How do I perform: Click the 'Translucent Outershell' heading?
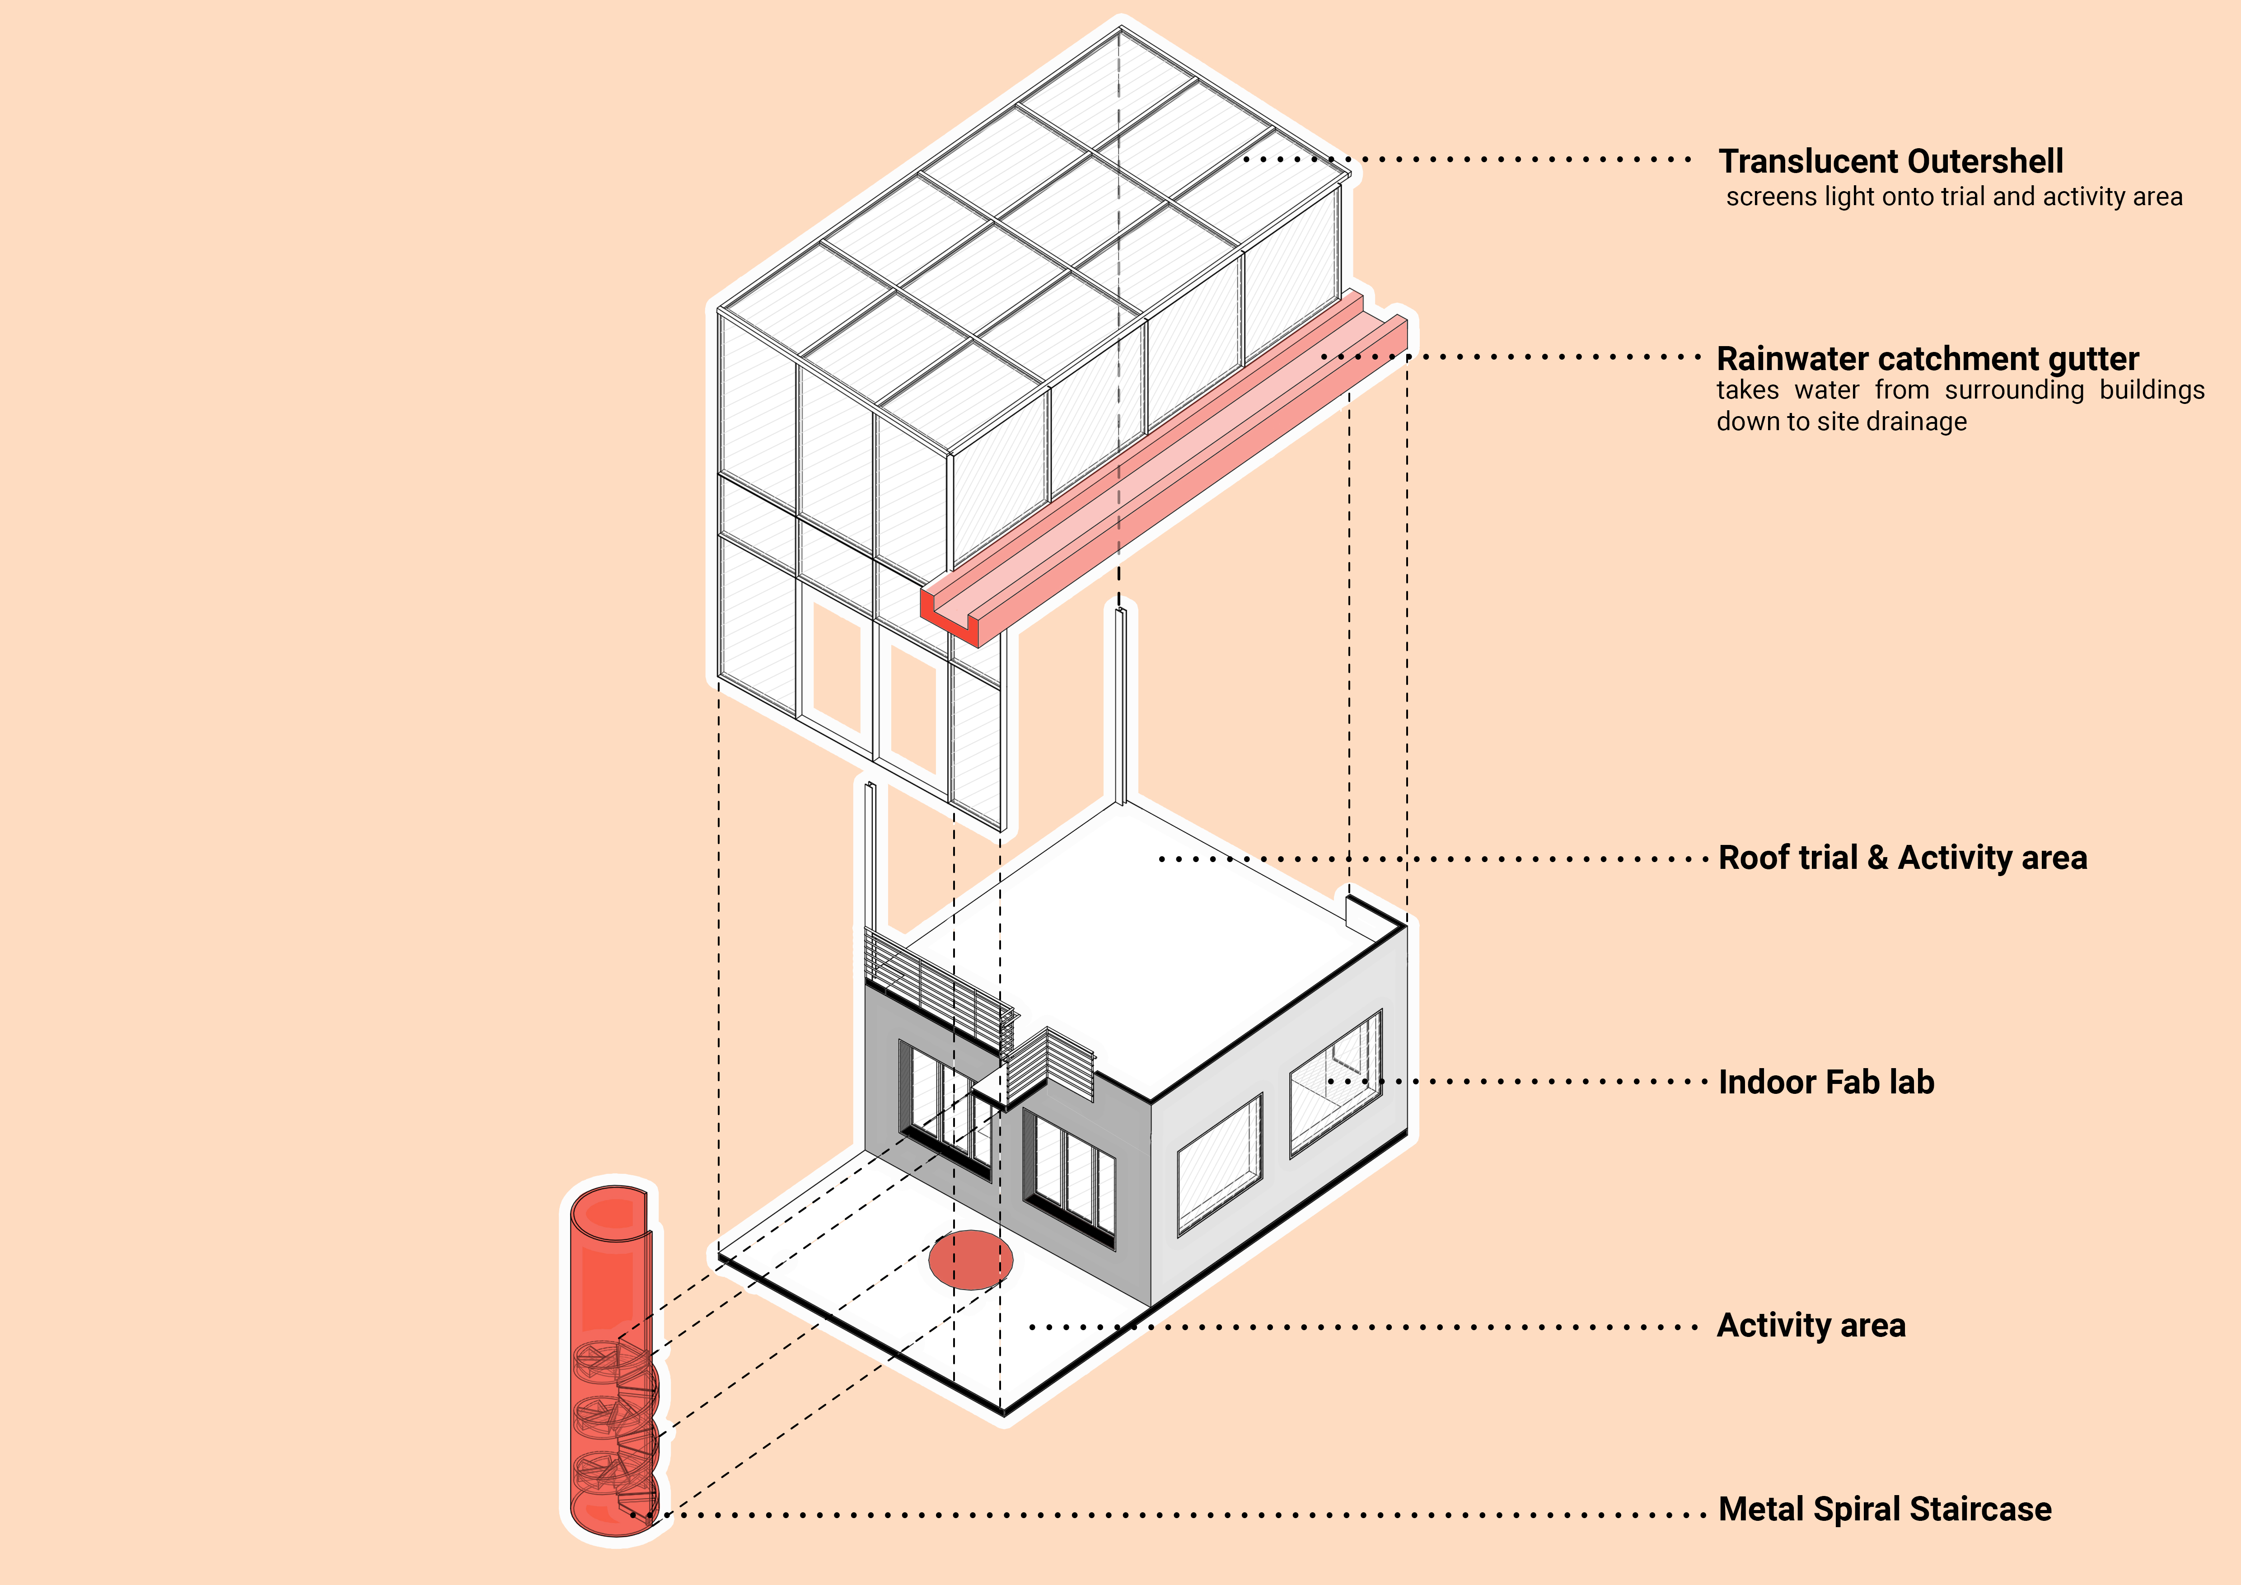pyautogui.click(x=1890, y=161)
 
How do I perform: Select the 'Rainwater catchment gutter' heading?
pyautogui.click(x=1928, y=359)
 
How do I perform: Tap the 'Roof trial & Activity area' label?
pyautogui.click(x=1902, y=858)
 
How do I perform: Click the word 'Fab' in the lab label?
pyautogui.click(x=1851, y=1083)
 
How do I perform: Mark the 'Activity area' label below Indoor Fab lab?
pyautogui.click(x=1811, y=1325)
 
